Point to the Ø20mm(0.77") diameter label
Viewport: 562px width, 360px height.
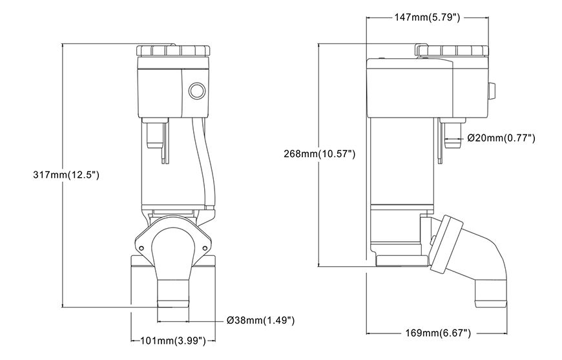point(501,138)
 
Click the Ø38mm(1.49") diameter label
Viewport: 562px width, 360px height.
point(262,320)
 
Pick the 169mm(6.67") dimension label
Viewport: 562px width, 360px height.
point(438,333)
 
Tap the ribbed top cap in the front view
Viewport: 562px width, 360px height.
point(172,50)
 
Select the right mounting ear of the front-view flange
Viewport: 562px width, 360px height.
point(206,246)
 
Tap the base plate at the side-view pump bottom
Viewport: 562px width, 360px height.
point(401,261)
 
